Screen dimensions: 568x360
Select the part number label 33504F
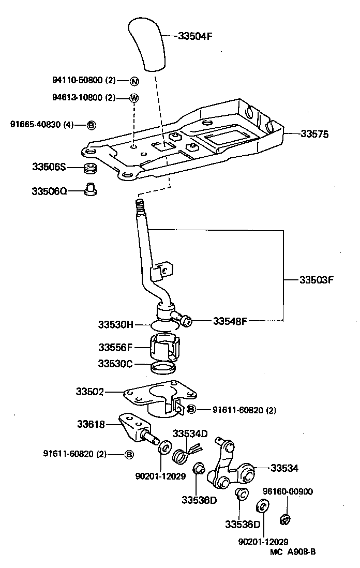tap(196, 36)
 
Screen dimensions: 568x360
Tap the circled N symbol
tap(134, 81)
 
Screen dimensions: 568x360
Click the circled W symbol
tap(134, 98)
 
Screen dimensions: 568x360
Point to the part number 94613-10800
tap(77, 98)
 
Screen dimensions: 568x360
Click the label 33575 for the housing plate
tap(314, 134)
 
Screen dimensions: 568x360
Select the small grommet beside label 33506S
tap(91, 168)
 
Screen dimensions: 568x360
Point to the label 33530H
tap(116, 325)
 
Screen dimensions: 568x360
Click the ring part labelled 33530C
tap(162, 368)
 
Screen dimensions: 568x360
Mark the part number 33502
tap(90, 392)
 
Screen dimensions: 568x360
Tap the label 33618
tap(91, 425)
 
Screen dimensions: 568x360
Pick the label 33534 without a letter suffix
tap(284, 468)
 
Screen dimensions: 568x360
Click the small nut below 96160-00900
tap(284, 518)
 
